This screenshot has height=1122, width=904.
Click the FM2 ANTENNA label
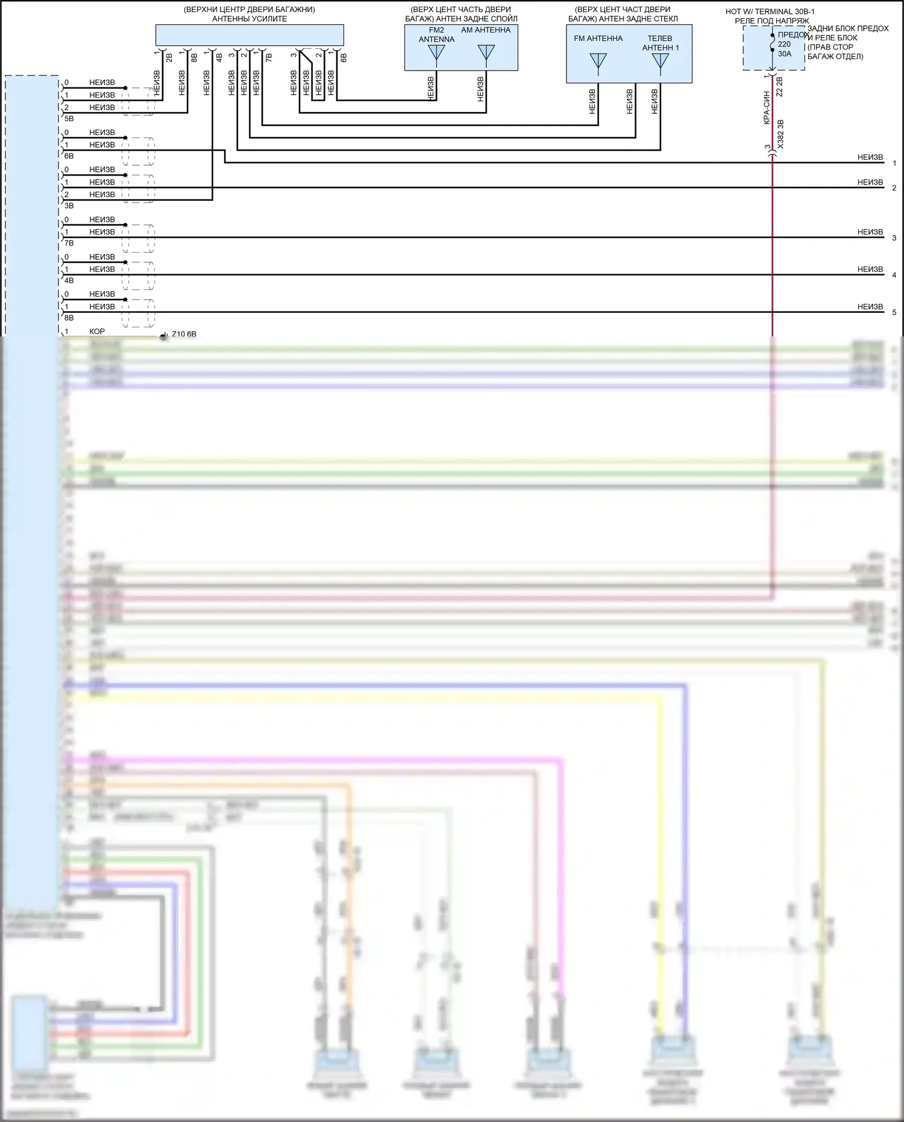pyautogui.click(x=436, y=35)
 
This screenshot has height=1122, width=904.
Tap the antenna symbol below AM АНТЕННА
pyautogui.click(x=486, y=53)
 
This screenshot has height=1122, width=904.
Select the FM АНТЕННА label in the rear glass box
pyautogui.click(x=598, y=39)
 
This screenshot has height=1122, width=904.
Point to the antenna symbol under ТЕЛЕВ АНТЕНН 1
pyautogui.click(x=661, y=61)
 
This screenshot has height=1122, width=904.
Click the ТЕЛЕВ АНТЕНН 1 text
pyautogui.click(x=661, y=43)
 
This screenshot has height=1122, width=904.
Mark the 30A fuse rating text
pyautogui.click(x=784, y=54)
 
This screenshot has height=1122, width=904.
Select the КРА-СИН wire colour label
pyautogui.click(x=767, y=108)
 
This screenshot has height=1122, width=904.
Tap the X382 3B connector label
pyautogui.click(x=780, y=134)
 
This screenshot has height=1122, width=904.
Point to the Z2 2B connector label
pyautogui.click(x=779, y=87)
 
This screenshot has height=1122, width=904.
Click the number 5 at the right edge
pyautogui.click(x=894, y=312)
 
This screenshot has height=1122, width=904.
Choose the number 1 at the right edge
pyautogui.click(x=894, y=163)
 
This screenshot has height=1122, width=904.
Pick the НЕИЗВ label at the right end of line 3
pyautogui.click(x=870, y=232)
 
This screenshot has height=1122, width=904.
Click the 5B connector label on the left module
pyautogui.click(x=69, y=119)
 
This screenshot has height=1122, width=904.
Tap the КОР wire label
pyautogui.click(x=97, y=332)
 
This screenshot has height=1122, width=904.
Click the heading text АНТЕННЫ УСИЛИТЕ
pyautogui.click(x=250, y=19)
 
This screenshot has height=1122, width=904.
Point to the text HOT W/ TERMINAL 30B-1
pyautogui.click(x=770, y=11)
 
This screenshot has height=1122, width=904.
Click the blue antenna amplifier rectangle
pyautogui.click(x=250, y=35)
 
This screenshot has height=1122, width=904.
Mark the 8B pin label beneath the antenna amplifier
pyautogui.click(x=194, y=58)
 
